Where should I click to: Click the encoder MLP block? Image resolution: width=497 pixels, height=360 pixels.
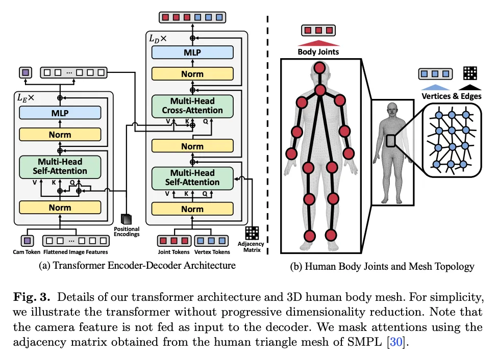coord(60,113)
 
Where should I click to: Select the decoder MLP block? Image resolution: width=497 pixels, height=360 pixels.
coord(192,53)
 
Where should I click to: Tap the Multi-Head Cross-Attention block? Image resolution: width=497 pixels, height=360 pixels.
coord(192,106)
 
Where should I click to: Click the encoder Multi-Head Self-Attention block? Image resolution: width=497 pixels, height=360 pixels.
coord(60,167)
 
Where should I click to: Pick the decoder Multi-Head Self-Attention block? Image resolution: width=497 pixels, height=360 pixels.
coord(192,177)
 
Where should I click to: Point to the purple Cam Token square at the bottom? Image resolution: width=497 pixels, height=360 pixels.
coord(28,240)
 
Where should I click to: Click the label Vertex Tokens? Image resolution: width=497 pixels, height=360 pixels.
coord(213,251)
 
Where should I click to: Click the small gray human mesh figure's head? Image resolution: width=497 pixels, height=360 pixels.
coord(392,109)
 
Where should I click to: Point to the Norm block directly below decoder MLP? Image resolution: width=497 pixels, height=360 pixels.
coord(192,74)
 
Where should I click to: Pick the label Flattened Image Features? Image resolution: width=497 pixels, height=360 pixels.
coord(75,251)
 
